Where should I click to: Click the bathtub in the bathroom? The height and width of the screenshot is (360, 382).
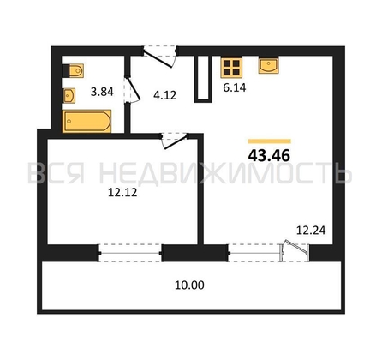tap(87, 121)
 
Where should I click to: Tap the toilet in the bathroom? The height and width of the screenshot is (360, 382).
tap(73, 70)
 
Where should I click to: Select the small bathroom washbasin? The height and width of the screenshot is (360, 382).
tap(69, 95)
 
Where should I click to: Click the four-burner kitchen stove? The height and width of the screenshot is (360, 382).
tap(231, 68)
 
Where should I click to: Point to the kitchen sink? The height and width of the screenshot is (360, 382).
tap(268, 65)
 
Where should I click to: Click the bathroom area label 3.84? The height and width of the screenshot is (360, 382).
tap(102, 92)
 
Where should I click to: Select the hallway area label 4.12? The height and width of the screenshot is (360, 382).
tap(164, 95)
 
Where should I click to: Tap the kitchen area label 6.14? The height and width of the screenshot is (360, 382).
tap(235, 87)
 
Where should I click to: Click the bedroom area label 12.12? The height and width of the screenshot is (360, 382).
tap(122, 192)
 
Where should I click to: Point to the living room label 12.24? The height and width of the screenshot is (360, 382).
tap(311, 230)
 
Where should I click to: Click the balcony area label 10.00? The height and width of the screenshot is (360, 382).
tap(189, 285)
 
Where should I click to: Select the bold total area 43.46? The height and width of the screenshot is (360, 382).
tap(269, 156)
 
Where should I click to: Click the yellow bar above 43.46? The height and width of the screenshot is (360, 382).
tap(270, 141)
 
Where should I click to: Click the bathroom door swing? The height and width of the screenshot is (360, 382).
tap(132, 89)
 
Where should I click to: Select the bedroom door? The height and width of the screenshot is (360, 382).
tap(174, 141)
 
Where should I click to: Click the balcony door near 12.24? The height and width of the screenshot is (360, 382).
tap(295, 251)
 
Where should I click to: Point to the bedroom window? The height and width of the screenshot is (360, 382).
tap(130, 253)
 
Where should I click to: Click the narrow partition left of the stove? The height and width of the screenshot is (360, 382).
tap(203, 79)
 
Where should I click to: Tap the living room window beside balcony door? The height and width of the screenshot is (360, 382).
tap(254, 253)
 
